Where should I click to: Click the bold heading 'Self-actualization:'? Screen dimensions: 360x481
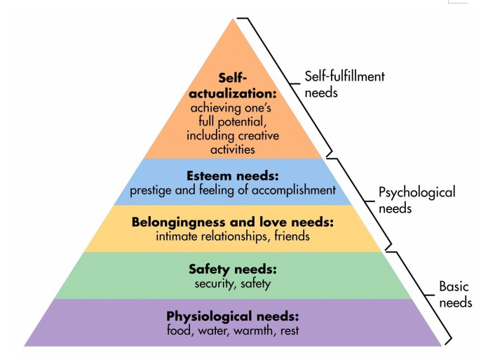(x=233, y=86)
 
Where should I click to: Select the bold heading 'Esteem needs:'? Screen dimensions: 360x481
(x=233, y=176)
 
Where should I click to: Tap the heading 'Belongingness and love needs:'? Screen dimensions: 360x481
(x=233, y=222)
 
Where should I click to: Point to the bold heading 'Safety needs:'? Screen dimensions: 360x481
(x=233, y=269)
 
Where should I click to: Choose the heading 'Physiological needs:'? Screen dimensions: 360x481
(x=233, y=316)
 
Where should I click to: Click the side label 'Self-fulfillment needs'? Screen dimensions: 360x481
(x=344, y=84)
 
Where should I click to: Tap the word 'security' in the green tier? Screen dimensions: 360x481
(x=215, y=284)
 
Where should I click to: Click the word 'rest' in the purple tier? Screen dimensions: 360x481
(x=288, y=331)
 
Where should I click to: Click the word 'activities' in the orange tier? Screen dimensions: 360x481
(x=231, y=149)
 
